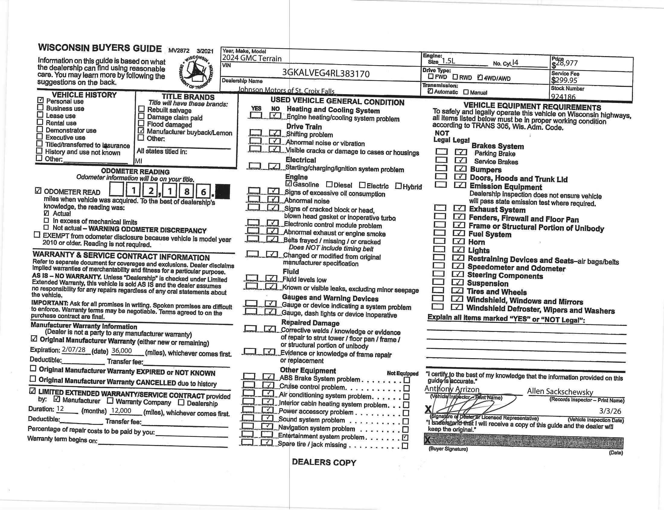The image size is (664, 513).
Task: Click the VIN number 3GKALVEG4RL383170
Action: (x=326, y=74)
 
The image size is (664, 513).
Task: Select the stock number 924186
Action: (x=563, y=97)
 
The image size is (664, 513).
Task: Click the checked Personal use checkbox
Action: (x=40, y=100)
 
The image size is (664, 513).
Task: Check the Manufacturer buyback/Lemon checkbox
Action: (x=141, y=131)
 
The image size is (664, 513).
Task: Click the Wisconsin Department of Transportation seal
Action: (x=196, y=72)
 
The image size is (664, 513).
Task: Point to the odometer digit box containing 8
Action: (x=186, y=191)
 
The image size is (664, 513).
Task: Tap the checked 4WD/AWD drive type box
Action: (x=480, y=78)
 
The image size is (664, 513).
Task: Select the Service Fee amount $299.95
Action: (x=564, y=80)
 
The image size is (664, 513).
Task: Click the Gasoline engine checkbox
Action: (x=289, y=184)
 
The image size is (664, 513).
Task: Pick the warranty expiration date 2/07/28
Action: (x=74, y=350)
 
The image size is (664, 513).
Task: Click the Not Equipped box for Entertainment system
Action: (x=405, y=438)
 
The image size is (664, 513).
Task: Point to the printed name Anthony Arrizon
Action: (x=452, y=389)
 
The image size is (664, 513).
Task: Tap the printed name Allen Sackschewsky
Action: (x=560, y=391)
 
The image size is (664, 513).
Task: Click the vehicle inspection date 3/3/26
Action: (x=610, y=411)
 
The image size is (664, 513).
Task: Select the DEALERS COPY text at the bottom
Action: (x=324, y=462)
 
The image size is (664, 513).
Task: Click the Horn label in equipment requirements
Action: (x=476, y=242)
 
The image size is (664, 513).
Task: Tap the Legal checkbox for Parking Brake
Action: (x=461, y=152)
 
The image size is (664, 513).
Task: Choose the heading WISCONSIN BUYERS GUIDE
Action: (x=100, y=48)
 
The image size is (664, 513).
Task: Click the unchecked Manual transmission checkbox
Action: (x=466, y=92)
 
